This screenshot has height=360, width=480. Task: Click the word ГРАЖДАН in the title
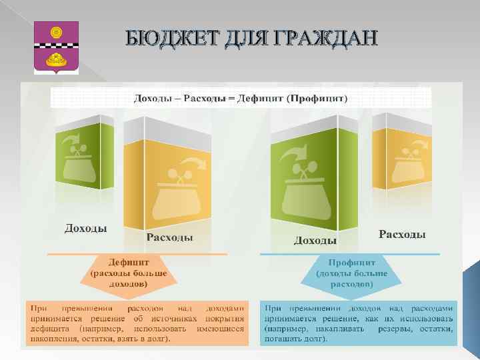[327, 39]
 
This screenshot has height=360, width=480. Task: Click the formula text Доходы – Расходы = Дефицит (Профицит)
[241, 99]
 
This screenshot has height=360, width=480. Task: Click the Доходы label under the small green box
[86, 228]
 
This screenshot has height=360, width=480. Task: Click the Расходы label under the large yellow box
[170, 237]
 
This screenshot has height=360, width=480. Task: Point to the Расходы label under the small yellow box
[402, 234]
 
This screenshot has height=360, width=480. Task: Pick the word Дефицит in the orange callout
[129, 262]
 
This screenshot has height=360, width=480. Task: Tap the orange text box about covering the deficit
[136, 323]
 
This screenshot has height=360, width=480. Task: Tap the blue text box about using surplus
[359, 323]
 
